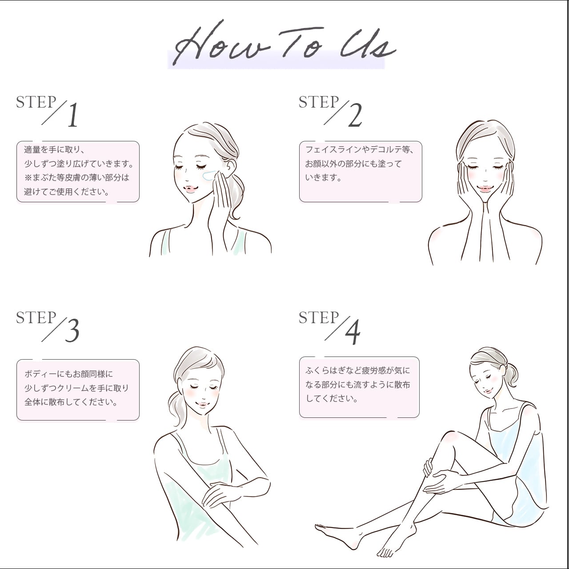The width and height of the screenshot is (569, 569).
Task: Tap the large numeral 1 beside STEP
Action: (73, 115)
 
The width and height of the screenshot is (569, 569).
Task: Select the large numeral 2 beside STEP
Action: (355, 115)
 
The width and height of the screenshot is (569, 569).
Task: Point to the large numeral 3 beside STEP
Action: (72, 331)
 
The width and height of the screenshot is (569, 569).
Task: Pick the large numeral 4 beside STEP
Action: (353, 331)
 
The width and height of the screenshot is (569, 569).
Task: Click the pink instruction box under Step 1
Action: (78, 172)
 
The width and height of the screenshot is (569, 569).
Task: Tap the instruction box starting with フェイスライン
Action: (361, 172)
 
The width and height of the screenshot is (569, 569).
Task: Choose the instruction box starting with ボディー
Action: (78, 390)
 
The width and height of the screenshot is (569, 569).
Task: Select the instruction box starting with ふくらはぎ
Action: (359, 387)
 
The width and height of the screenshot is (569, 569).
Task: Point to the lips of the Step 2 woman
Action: (485, 188)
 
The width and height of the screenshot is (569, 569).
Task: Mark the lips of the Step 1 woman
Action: (190, 189)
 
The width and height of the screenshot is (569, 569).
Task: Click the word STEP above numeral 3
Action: (36, 317)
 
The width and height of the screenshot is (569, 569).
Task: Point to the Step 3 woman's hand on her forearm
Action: (219, 493)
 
